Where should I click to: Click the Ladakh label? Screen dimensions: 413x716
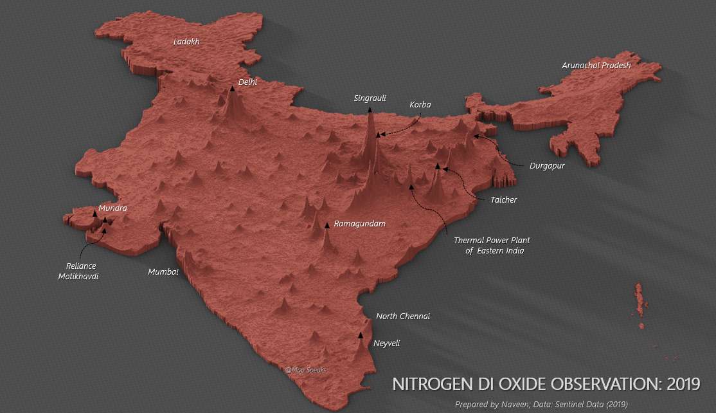[186, 42]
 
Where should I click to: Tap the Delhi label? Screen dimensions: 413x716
[247, 82]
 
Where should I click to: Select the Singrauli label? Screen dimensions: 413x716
[370, 98]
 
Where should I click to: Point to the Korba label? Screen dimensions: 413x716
[420, 105]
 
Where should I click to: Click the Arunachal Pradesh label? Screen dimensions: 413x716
[596, 65]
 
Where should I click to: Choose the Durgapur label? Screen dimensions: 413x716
[547, 166]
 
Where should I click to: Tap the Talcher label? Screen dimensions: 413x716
[504, 200]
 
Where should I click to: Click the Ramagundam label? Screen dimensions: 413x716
[360, 224]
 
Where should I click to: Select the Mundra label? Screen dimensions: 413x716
[112, 208]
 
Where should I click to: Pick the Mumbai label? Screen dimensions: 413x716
[163, 272]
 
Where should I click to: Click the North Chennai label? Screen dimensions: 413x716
[403, 317]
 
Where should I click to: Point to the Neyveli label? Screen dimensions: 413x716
[386, 344]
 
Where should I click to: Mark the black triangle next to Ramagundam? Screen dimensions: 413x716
[327, 225]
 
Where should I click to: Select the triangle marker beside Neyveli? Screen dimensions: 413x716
[360, 335]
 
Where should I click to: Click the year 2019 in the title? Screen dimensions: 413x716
[683, 385]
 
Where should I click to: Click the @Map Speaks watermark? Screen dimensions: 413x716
[306, 370]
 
